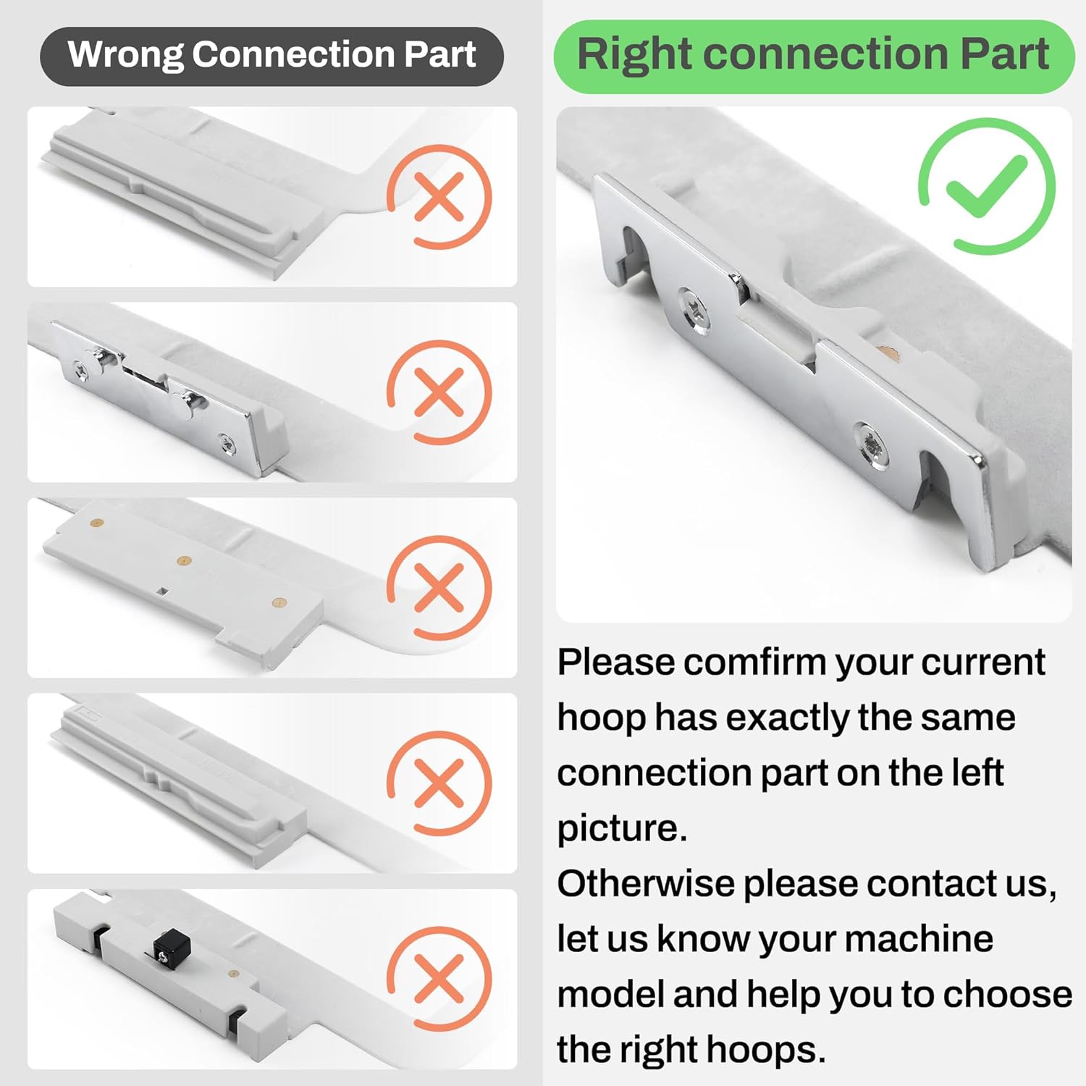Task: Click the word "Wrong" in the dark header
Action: point(125,56)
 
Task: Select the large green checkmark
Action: point(987,185)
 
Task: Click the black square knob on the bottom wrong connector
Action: point(171,946)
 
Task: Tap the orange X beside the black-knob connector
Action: point(439,978)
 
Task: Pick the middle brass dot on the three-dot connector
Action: point(185,560)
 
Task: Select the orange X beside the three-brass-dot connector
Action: point(439,587)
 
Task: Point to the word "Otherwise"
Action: point(646,883)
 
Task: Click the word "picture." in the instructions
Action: point(622,828)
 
